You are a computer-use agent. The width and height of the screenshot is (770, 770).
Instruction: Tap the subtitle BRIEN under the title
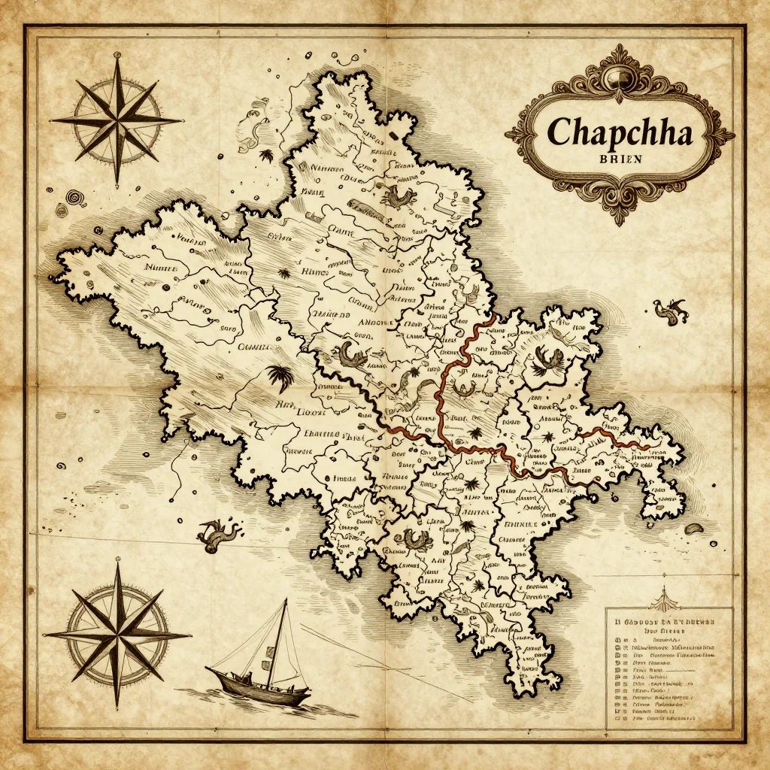click(617, 159)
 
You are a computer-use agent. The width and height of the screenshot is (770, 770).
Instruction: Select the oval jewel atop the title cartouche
click(620, 75)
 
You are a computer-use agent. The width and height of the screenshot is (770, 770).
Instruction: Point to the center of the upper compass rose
click(117, 120)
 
